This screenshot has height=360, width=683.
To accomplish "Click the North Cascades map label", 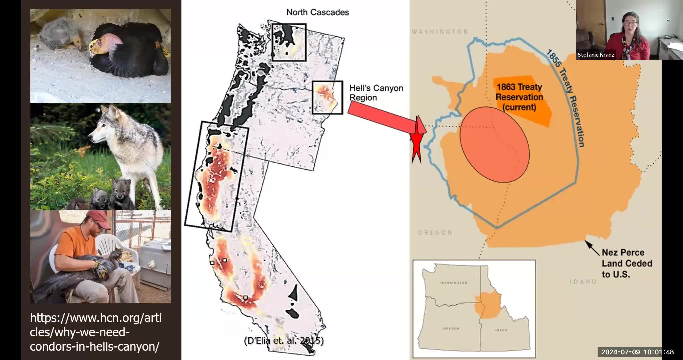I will coord(317,12).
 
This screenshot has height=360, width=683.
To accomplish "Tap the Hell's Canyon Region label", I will coord(376,93).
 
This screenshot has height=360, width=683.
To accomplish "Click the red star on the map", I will coord(417,140).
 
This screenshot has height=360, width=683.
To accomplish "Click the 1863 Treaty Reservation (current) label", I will coord(519,97).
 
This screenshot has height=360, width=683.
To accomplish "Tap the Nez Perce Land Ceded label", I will coord(627,263).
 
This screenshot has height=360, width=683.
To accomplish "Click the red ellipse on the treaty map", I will coord(494,145).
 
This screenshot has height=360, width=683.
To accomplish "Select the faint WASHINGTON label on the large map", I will coord(440,32).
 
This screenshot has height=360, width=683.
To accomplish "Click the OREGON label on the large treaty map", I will coord(435,233).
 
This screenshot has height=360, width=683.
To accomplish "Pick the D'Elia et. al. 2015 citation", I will coord(284,341).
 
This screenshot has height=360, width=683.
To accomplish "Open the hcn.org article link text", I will coord(95,332).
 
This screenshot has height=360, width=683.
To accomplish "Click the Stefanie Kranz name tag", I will coord(596,55).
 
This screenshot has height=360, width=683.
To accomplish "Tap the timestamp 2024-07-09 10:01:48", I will coord(637,352).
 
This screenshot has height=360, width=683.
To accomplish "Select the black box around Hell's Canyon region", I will coord(327,98).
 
